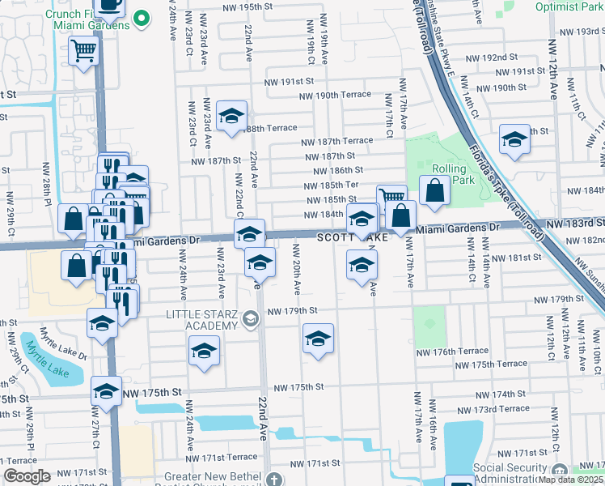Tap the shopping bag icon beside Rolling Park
click(x=434, y=191)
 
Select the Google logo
click(x=27, y=476)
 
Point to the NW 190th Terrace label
click(x=334, y=96)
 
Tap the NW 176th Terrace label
click(x=452, y=352)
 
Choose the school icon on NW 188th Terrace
click(x=231, y=117)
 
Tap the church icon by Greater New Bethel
click(x=276, y=480)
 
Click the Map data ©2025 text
click(x=571, y=480)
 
